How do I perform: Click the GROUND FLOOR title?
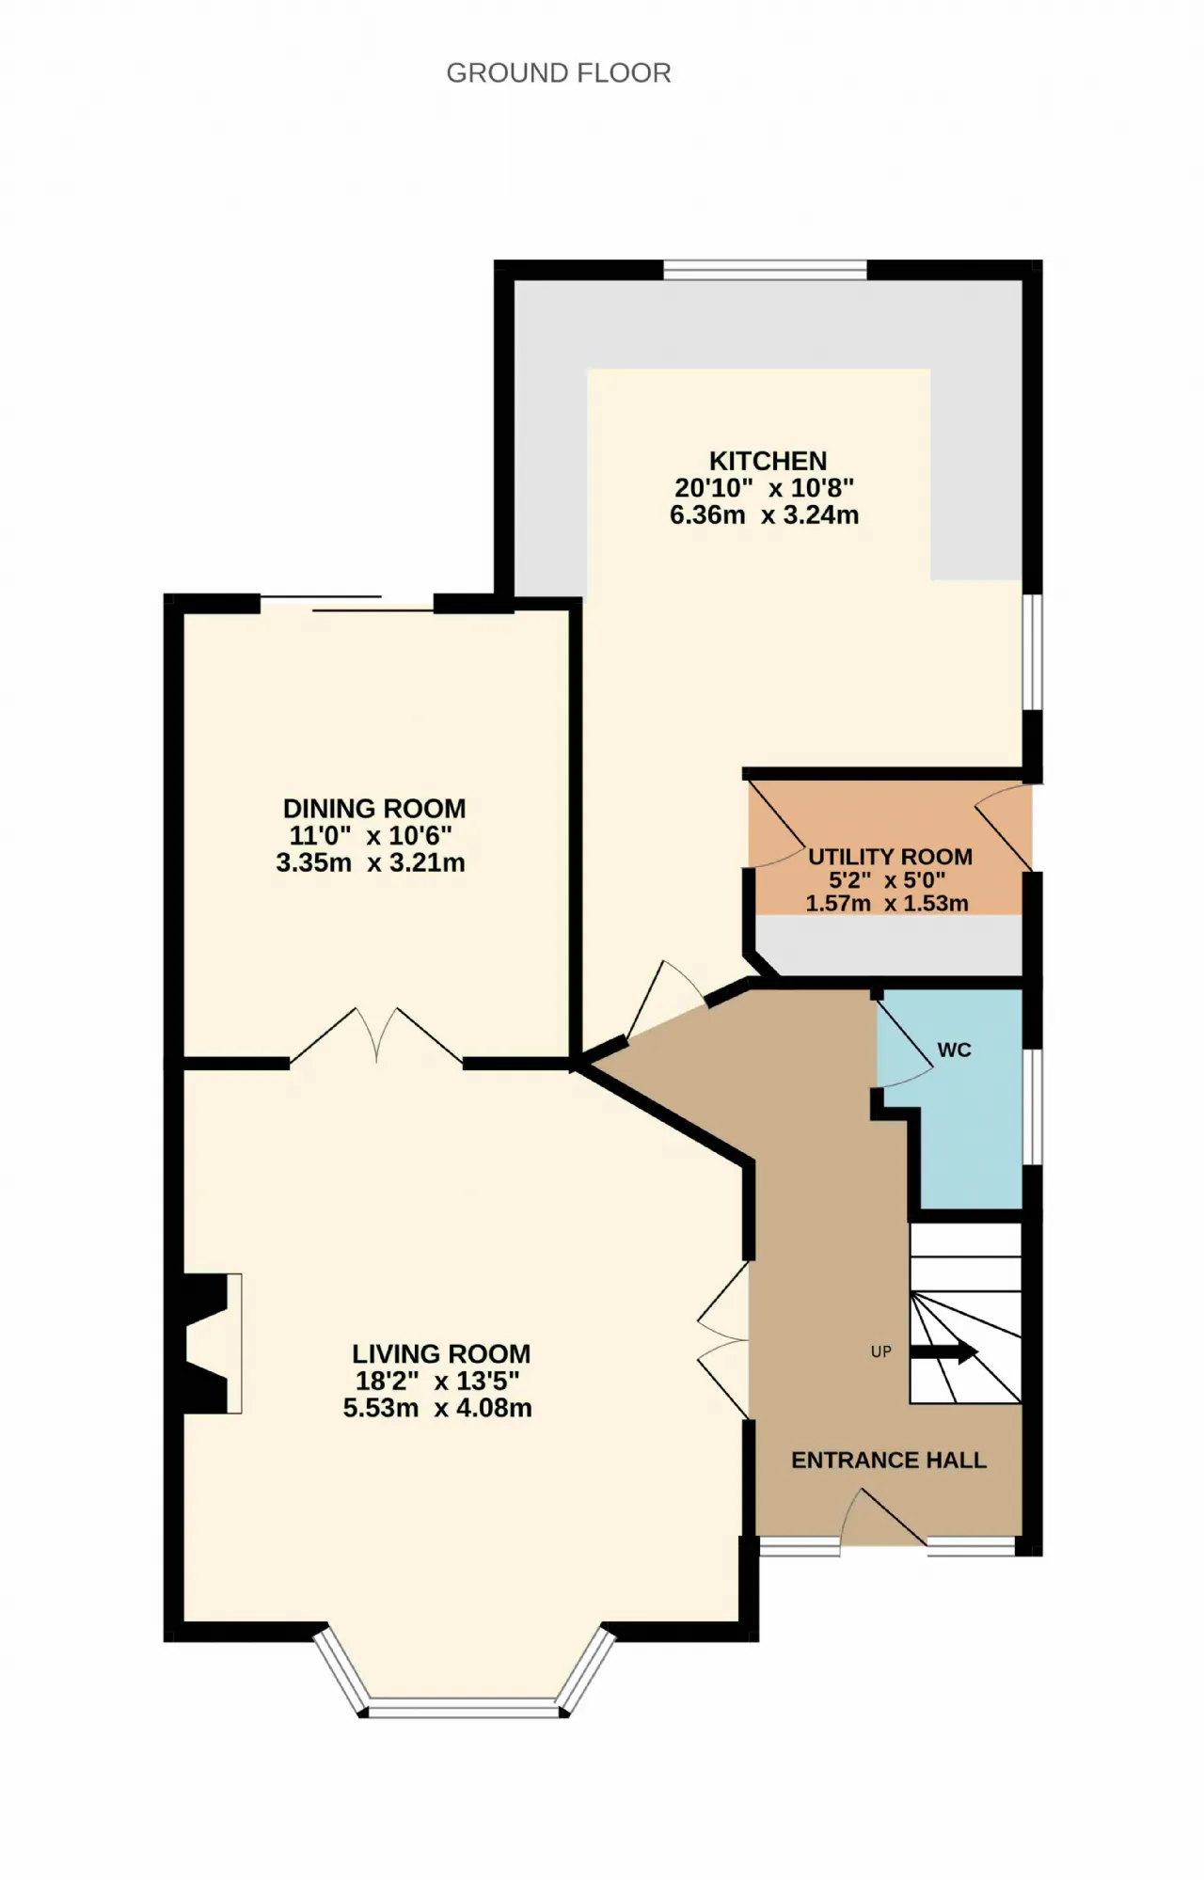(x=559, y=73)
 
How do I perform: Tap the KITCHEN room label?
(x=768, y=461)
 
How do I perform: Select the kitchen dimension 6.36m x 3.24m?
(x=764, y=515)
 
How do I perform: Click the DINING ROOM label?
(x=374, y=809)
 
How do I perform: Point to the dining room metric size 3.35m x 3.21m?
(x=371, y=862)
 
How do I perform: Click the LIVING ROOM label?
(x=441, y=1354)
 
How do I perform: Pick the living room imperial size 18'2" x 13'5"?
(x=437, y=1381)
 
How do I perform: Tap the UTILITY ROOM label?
(x=891, y=857)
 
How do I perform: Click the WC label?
(x=954, y=1050)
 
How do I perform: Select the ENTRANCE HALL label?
(x=889, y=1461)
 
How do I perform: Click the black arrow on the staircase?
(x=944, y=1352)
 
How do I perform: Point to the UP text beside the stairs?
(x=880, y=1352)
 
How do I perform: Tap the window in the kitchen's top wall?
(x=765, y=270)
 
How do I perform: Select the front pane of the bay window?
(x=464, y=1707)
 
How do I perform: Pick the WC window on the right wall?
(x=1032, y=1107)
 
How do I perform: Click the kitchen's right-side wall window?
(x=1032, y=652)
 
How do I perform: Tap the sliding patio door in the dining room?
(x=346, y=604)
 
